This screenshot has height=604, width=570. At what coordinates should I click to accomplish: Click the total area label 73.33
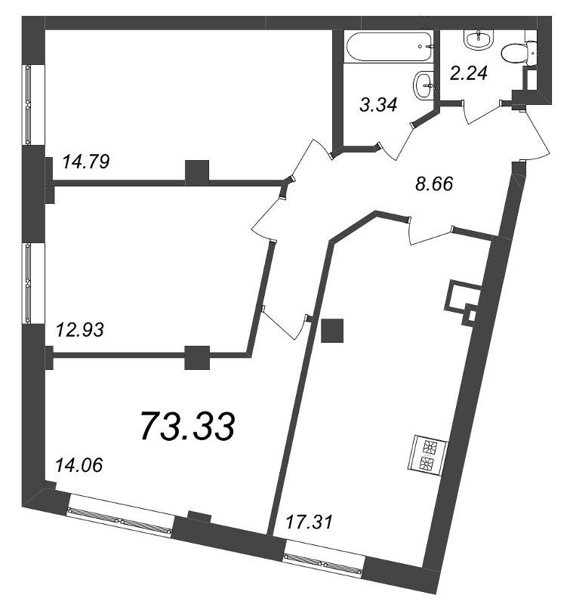point(187,426)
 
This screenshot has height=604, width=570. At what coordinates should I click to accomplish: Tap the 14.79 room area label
point(86,162)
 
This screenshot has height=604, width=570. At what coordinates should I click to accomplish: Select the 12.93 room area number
point(80,330)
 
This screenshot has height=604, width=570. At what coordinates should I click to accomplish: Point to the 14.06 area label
point(79,465)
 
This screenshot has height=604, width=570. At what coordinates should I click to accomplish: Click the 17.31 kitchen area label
point(309,522)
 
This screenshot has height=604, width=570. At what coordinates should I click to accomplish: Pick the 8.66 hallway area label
point(434,183)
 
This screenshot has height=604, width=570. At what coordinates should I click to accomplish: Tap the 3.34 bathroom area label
point(378,105)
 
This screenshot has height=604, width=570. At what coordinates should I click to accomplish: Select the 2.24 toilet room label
point(469,72)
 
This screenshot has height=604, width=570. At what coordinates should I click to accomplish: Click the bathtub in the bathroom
point(390,48)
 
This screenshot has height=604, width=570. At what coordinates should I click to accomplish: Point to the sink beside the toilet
point(479,39)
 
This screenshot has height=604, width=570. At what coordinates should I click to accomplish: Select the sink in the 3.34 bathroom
point(424,84)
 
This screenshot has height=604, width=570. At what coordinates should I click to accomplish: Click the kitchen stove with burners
point(428,455)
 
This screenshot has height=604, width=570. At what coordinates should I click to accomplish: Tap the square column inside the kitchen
point(332,330)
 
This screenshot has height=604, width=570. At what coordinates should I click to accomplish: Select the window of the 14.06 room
point(120,516)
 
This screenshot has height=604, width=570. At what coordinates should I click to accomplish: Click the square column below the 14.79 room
point(197,172)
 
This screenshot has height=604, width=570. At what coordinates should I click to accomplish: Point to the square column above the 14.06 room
point(197,357)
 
